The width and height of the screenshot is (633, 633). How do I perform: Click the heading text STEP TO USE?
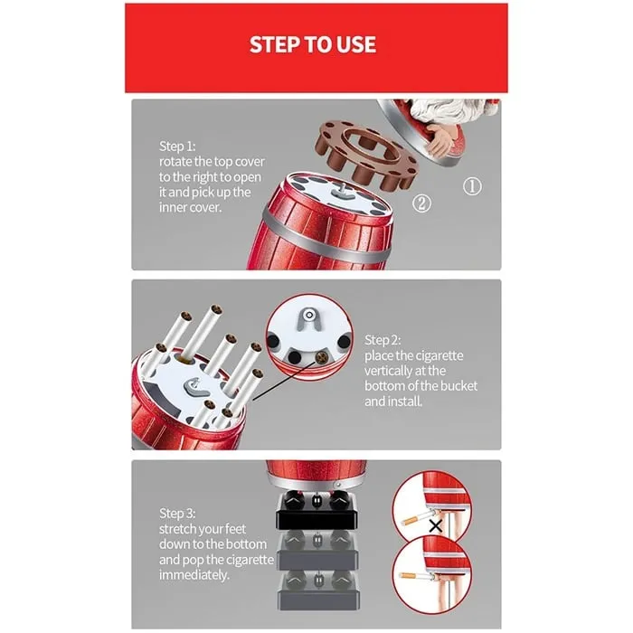pyautogui.click(x=313, y=44)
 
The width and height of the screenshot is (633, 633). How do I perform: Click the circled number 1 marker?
pyautogui.click(x=472, y=187)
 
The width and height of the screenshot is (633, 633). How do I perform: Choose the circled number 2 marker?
pyautogui.click(x=421, y=203)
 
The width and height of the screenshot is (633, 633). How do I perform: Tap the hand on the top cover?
pyautogui.click(x=443, y=139)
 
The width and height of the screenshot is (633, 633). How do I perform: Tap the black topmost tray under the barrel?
pyautogui.click(x=317, y=515)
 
